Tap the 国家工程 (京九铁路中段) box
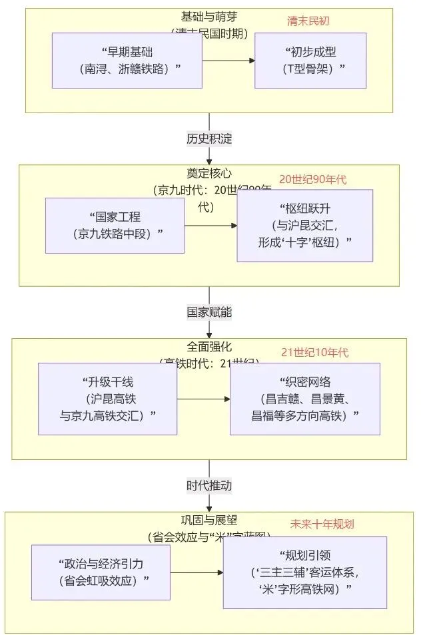(x=115, y=225)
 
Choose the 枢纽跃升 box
(x=304, y=225)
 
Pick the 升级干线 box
(x=107, y=399)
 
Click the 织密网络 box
(x=304, y=399)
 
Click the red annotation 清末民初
(x=308, y=21)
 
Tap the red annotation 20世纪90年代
(x=312, y=180)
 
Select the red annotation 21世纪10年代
(x=314, y=353)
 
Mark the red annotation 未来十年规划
(x=322, y=524)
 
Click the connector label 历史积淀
(x=209, y=139)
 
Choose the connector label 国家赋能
(x=209, y=312)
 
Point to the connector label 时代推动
(x=209, y=485)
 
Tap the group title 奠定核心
(x=209, y=173)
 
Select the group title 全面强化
(x=209, y=347)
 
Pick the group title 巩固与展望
(x=209, y=521)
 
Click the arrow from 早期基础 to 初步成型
(x=228, y=61)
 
